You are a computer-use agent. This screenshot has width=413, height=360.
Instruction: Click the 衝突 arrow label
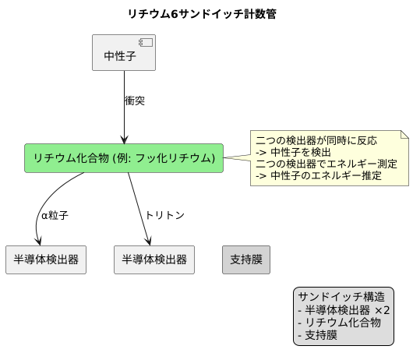135,101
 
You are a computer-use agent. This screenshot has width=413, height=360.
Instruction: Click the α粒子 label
55,215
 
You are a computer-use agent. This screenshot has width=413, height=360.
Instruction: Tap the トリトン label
164,215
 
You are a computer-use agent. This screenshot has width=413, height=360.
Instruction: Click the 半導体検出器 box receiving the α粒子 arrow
45,259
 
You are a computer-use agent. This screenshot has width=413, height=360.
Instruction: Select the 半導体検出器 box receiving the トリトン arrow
154,259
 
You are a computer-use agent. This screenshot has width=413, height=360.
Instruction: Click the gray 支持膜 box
246,259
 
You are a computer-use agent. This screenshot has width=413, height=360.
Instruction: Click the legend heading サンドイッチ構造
341,297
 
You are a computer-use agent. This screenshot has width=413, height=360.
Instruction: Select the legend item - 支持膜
317,335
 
